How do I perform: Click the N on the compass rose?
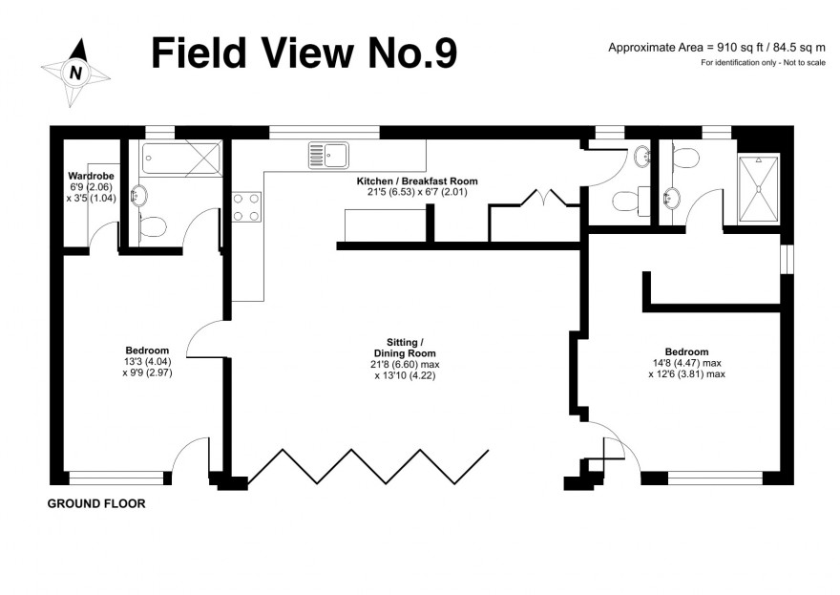pyautogui.click(x=76, y=73)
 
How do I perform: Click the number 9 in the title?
pyautogui.click(x=444, y=53)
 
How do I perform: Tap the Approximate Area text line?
pyautogui.click(x=717, y=48)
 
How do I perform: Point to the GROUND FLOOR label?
pyautogui.click(x=96, y=503)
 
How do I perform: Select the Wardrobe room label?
pyautogui.click(x=91, y=176)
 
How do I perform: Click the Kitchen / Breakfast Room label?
pyautogui.click(x=417, y=181)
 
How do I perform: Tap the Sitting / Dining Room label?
pyautogui.click(x=405, y=348)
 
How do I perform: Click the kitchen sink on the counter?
pyautogui.click(x=328, y=156)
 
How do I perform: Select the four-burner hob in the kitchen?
pyautogui.click(x=247, y=207)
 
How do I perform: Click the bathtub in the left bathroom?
pyautogui.click(x=181, y=158)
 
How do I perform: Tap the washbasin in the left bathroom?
pyautogui.click(x=138, y=196)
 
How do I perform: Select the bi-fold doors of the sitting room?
pyautogui.click(x=368, y=467)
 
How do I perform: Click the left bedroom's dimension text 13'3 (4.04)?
pyautogui.click(x=147, y=362)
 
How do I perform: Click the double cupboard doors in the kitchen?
pyautogui.click(x=544, y=198)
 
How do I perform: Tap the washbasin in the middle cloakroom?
pyautogui.click(x=641, y=157)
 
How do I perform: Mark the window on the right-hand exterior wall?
pyautogui.click(x=787, y=260)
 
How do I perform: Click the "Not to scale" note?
pyautogui.click(x=805, y=63)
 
